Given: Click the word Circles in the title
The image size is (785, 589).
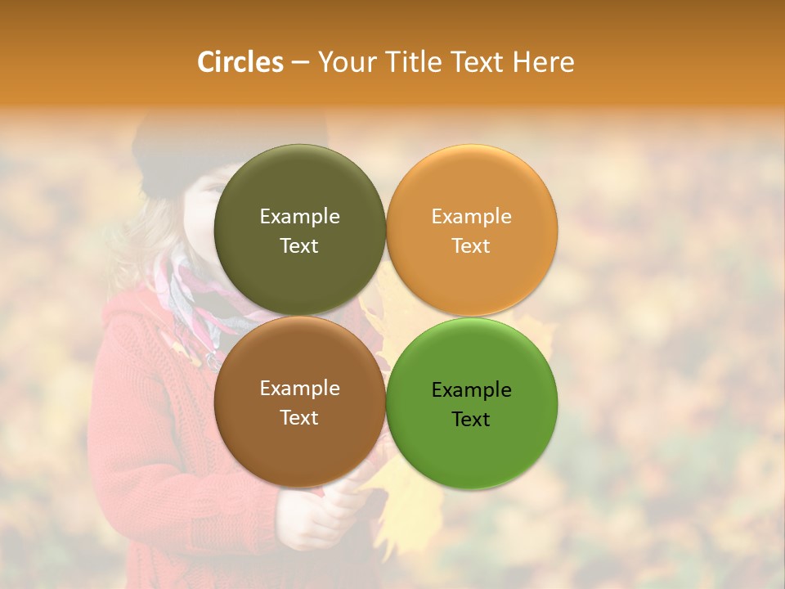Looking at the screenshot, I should pos(240,62).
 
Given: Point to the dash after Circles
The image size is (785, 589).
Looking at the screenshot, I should pos(300,63).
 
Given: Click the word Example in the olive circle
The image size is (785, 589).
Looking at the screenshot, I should pos(299,216).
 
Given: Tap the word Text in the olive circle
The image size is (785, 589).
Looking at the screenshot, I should pos(299,245).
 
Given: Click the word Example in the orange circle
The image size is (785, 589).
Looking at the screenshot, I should pos(471,216).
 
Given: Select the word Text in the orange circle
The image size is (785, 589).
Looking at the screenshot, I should pos(471,245).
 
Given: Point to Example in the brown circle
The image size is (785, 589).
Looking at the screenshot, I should pos(299,388).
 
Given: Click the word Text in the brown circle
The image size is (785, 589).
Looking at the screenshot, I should pos(299,417).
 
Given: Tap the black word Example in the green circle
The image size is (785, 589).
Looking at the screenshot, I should pos(471,389).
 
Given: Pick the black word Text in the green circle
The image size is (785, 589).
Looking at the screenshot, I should pos(471,419).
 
